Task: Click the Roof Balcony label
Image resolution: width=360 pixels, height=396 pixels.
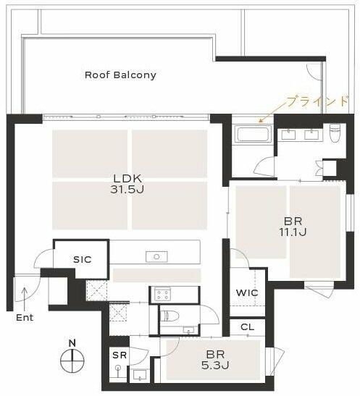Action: point(120,75)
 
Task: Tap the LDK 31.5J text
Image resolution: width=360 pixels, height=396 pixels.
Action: point(127,184)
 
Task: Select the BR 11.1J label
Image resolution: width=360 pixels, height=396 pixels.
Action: point(293,227)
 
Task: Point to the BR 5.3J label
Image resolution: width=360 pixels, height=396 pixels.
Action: point(215,360)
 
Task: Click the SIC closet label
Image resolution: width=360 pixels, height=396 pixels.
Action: point(82,259)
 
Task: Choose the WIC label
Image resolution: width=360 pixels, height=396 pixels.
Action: point(247,293)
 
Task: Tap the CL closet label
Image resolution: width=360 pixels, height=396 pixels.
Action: point(247,327)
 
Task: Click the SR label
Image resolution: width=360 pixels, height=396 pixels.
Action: point(120,355)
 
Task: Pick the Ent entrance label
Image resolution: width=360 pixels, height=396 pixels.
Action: point(25,318)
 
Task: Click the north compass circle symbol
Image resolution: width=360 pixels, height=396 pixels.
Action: point(72,361)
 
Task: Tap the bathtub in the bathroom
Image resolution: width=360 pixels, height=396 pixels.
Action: point(253,134)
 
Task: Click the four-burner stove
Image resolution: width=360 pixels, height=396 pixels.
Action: point(162,294)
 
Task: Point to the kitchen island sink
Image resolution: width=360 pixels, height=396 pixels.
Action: point(156,257)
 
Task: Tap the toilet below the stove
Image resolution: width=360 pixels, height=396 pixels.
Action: point(170,316)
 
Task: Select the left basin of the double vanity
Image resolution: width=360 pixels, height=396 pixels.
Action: point(288,135)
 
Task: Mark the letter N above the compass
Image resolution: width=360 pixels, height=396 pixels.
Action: point(72,343)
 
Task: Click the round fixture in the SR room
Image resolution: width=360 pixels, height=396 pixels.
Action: point(118,368)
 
